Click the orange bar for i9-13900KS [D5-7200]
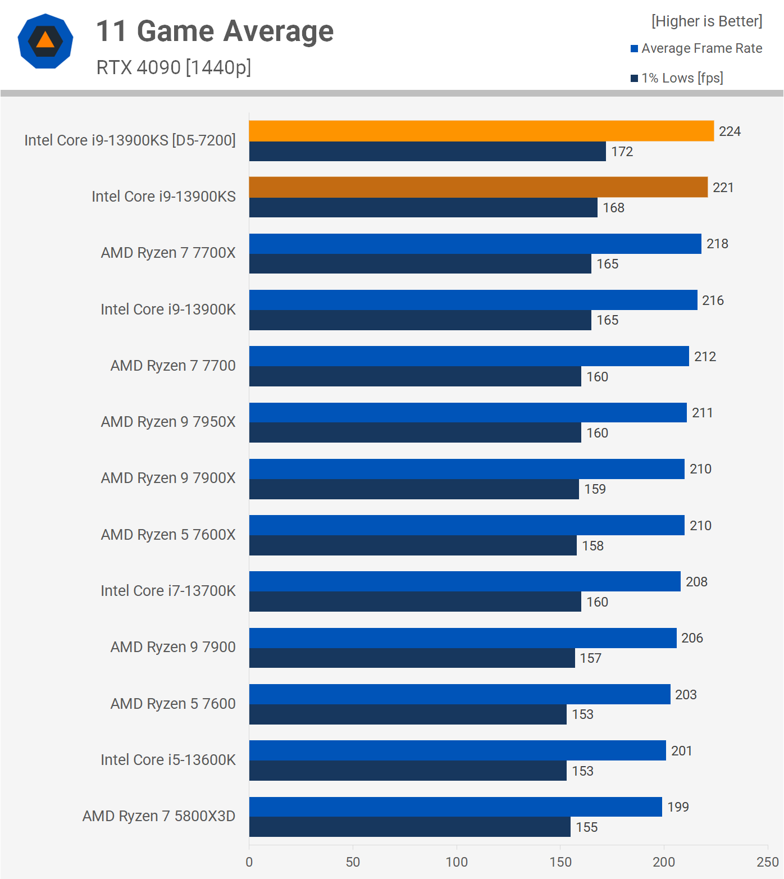tap(481, 131)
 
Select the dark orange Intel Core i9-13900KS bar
tap(478, 187)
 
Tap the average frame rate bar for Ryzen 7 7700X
tap(475, 244)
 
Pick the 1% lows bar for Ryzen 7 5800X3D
tap(409, 827)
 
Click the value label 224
tap(730, 131)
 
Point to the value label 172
tap(622, 152)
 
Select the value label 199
tap(678, 807)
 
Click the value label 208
tap(696, 582)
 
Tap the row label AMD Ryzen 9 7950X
tap(168, 422)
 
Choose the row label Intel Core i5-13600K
tap(168, 760)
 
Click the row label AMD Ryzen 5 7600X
tap(168, 535)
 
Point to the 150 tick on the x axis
tap(560, 862)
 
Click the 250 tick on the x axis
tap(767, 862)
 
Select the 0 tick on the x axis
tap(249, 862)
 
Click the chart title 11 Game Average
tap(215, 31)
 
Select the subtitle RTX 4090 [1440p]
tap(174, 67)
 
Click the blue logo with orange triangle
tap(45, 41)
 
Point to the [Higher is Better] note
tap(706, 21)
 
